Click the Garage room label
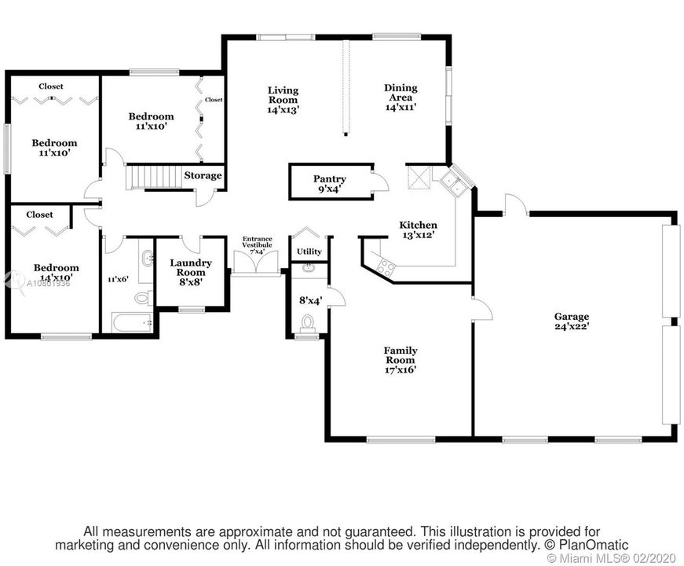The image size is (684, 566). (x=572, y=321)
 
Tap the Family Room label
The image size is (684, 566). (x=400, y=359)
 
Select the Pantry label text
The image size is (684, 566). (x=329, y=183)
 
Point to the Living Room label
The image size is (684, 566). (x=282, y=100)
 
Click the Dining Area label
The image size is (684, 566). (x=400, y=97)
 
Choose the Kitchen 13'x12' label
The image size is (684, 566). (x=418, y=229)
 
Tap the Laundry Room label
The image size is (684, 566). (x=191, y=272)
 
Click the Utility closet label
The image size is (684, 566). (x=309, y=252)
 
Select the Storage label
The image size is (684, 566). (x=203, y=175)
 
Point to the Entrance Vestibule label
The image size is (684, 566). (x=257, y=244)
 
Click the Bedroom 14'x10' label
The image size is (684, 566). (x=55, y=272)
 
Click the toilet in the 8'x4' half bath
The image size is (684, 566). (x=308, y=322)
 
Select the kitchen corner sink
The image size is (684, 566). (x=453, y=183)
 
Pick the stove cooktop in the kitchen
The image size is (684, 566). (x=385, y=266)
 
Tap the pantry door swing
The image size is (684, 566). (x=380, y=182)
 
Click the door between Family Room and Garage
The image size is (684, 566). (x=481, y=308)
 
